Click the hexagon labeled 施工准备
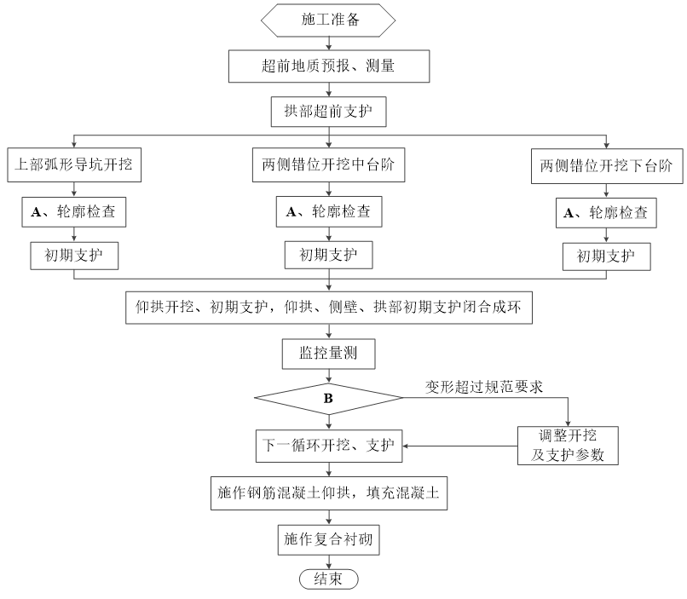click(328, 20)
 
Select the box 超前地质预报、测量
click(329, 66)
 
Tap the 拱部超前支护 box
click(329, 112)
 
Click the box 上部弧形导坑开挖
click(74, 165)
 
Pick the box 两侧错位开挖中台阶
click(329, 164)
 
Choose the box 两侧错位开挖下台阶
click(607, 166)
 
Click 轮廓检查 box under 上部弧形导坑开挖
click(74, 212)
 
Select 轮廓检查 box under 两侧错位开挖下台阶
click(606, 213)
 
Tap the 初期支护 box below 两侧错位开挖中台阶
click(329, 255)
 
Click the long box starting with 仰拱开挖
click(329, 308)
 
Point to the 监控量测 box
click(329, 354)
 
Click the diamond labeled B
click(329, 399)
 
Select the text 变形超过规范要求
click(484, 387)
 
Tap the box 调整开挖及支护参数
click(568, 446)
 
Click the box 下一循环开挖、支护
click(329, 446)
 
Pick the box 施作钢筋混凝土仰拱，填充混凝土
click(329, 493)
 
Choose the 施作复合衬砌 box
click(329, 540)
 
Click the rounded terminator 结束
click(329, 579)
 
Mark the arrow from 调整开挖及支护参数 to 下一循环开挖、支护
click(460, 446)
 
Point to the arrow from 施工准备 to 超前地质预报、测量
click(329, 43)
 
